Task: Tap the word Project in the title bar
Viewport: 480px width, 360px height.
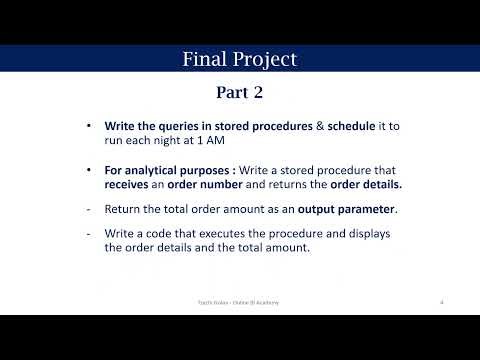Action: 264,59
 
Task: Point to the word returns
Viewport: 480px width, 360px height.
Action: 296,185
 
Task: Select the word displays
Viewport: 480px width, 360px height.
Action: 364,234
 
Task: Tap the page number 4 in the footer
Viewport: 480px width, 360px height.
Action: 442,300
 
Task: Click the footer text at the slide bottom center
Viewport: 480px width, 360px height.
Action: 239,300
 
